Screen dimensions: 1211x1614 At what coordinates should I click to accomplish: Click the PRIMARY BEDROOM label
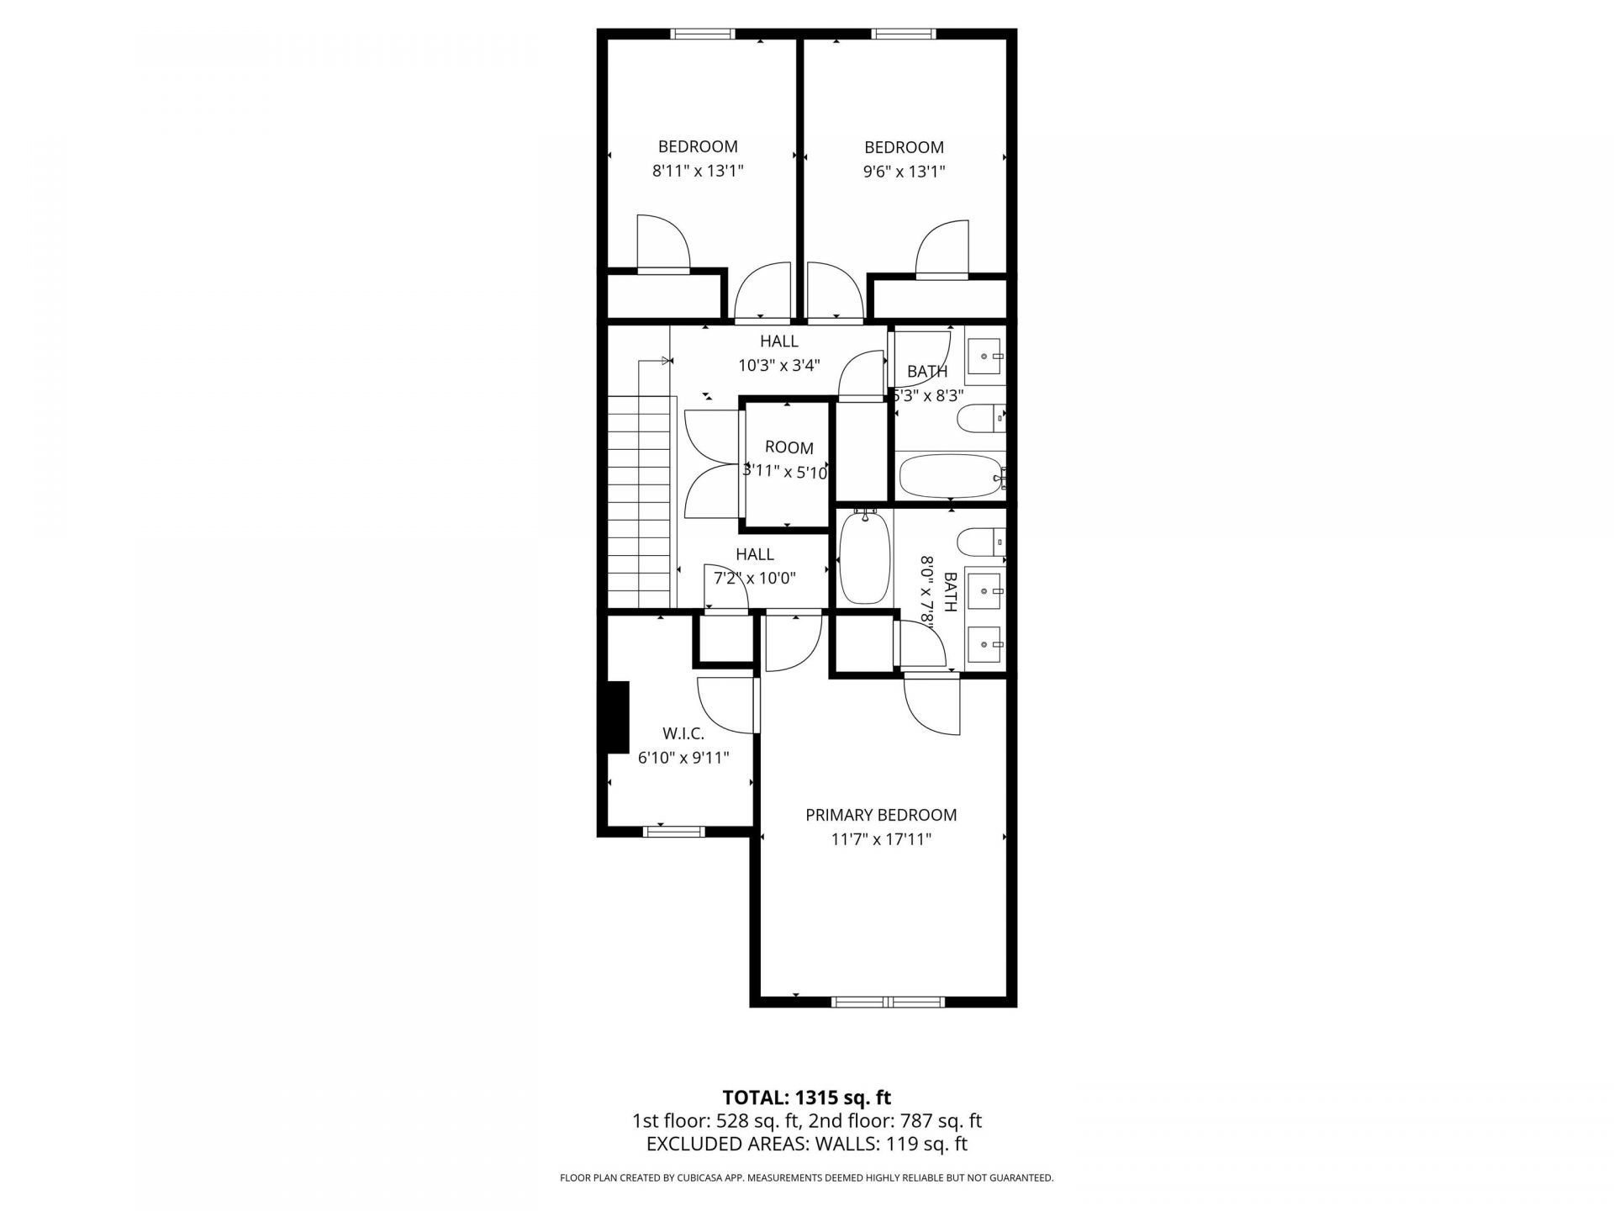pos(880,815)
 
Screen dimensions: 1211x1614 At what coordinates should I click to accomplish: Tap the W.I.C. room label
pos(683,734)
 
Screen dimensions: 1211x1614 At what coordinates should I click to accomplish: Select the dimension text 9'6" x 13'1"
pos(904,172)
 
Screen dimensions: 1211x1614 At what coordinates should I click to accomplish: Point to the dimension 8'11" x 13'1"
pos(698,171)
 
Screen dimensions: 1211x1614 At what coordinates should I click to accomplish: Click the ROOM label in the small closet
pos(789,448)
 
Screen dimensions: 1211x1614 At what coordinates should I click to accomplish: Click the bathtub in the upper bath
pos(951,477)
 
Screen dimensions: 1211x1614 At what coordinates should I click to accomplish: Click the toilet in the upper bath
pos(980,417)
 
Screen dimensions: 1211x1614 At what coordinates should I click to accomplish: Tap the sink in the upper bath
pos(984,357)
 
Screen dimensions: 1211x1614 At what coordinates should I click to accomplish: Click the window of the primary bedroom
pos(888,1002)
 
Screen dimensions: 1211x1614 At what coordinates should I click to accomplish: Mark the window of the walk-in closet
pos(673,832)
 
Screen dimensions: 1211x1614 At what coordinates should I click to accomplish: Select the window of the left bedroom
pos(702,34)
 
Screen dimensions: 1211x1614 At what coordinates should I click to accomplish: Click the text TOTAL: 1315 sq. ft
pos(806,1097)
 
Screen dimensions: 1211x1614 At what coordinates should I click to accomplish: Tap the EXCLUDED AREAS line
pos(806,1144)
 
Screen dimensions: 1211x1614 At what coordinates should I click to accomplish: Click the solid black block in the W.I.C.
pos(618,717)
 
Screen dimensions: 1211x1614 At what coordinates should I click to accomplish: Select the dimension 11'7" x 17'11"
pos(880,839)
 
